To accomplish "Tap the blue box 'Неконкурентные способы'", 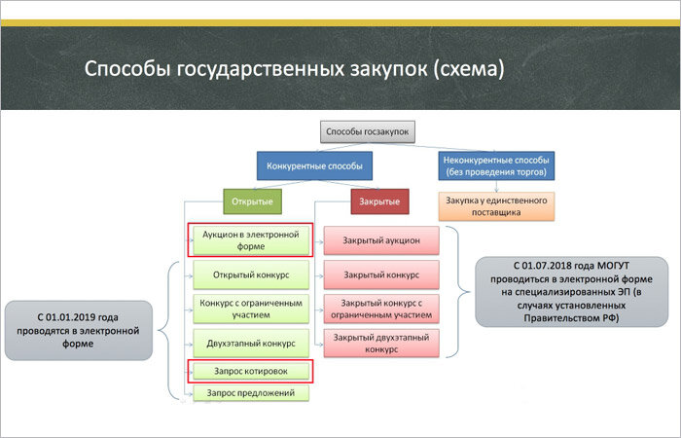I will pos(496,165).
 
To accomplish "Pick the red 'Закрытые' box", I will pos(379,201).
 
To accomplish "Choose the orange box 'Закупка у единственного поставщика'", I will pos(496,205).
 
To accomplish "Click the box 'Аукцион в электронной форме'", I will pos(250,239).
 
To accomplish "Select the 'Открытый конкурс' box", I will pos(250,274).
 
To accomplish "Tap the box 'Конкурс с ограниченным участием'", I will pos(250,308).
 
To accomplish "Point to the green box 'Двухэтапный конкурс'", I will pos(250,342).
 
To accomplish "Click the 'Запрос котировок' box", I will pos(250,371).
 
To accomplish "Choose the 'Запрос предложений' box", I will pos(250,392).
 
